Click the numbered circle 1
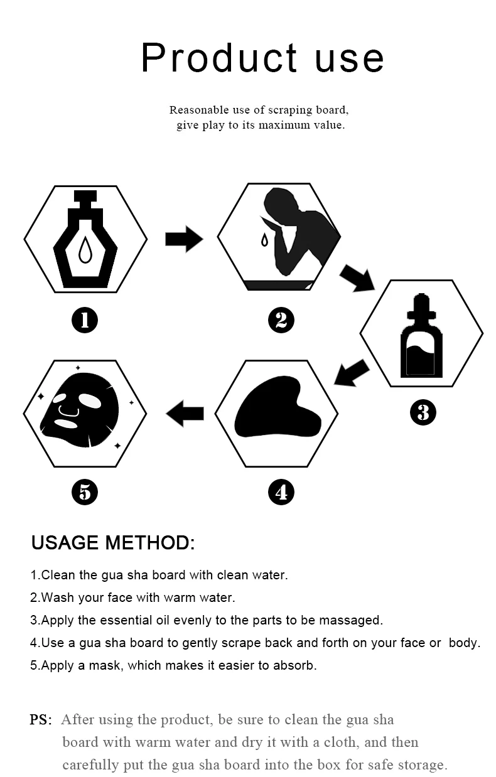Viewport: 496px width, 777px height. (85, 321)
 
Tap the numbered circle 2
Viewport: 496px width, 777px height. (281, 321)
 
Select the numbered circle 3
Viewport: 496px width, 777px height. (423, 412)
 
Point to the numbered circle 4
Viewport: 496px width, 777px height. (281, 491)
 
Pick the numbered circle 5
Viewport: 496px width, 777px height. (85, 491)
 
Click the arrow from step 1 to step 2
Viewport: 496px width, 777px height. (183, 239)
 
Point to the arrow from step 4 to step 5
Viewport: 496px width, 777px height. (185, 413)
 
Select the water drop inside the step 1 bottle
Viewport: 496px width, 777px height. (85, 251)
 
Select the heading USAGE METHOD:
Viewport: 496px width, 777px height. (113, 543)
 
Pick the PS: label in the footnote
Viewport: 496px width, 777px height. (41, 719)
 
